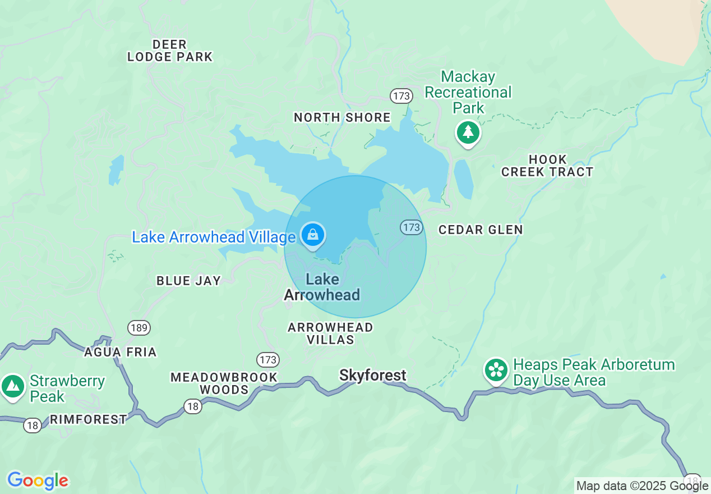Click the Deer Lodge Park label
(x=170, y=51)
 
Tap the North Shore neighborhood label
(x=342, y=117)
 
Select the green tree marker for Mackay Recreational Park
(x=468, y=132)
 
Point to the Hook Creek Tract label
(x=547, y=166)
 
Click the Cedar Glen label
(x=481, y=230)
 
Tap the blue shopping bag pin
(x=313, y=235)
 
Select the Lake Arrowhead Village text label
(x=214, y=237)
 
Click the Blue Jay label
(x=188, y=281)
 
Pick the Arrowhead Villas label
(x=330, y=333)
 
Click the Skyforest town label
(x=372, y=375)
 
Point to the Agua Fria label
(x=120, y=352)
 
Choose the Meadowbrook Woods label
(x=224, y=383)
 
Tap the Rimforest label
(x=88, y=419)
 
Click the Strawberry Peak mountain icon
(x=12, y=386)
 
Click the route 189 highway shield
(x=138, y=327)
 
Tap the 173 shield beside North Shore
(x=401, y=96)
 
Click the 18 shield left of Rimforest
(x=32, y=426)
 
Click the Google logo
(x=38, y=481)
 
